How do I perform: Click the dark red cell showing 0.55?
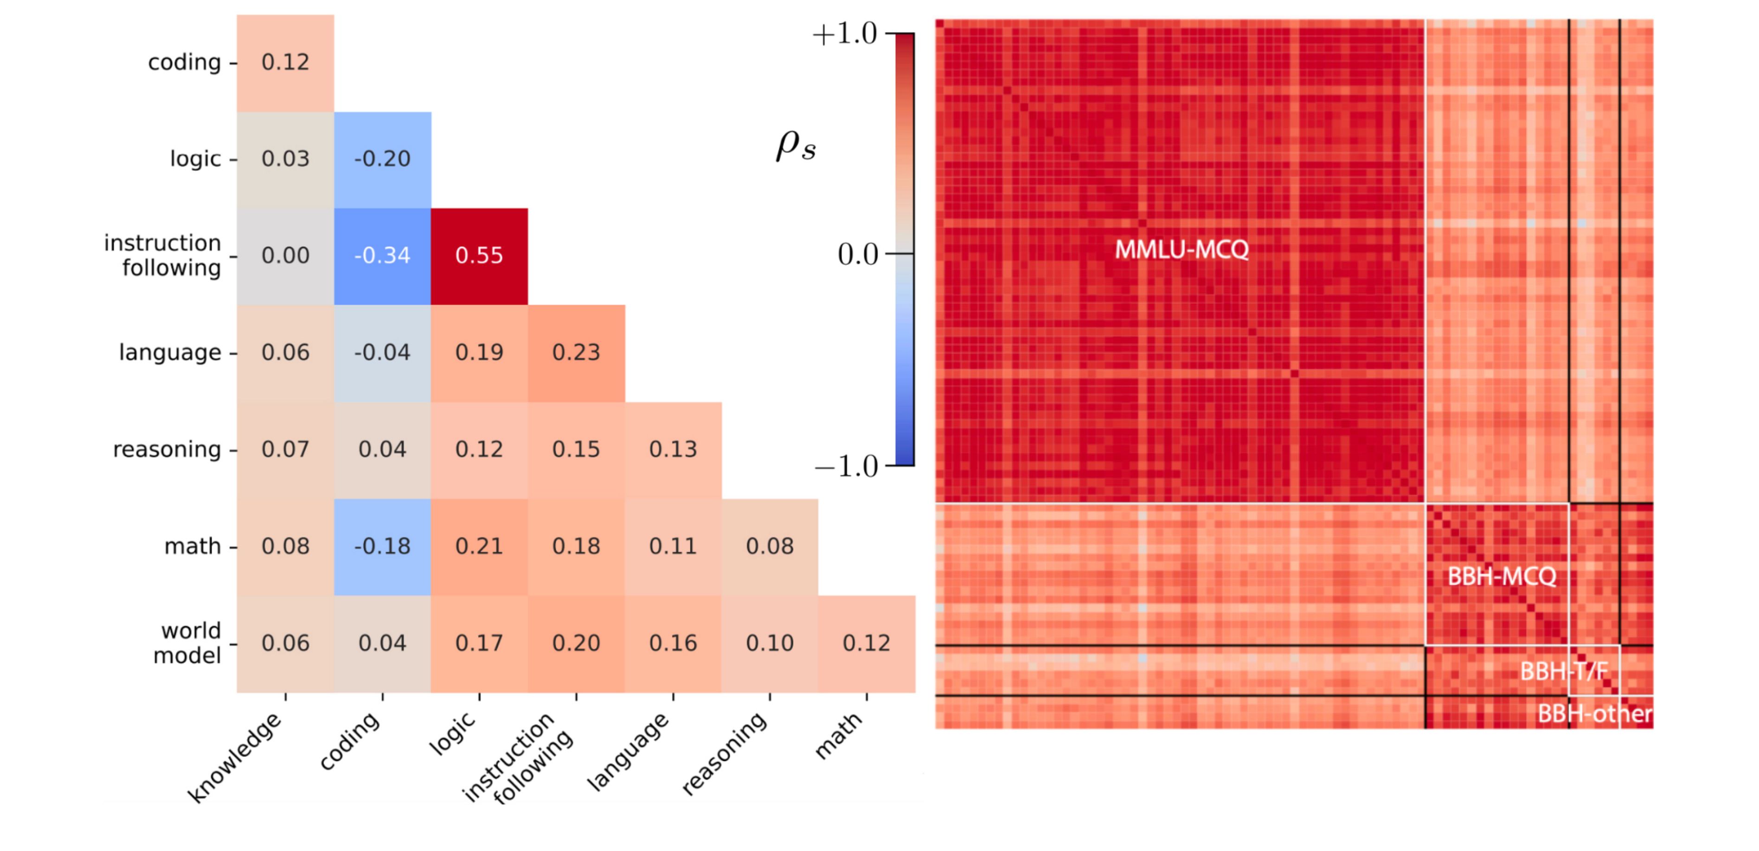click(479, 256)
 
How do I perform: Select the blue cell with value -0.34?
click(382, 256)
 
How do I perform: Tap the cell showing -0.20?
click(382, 159)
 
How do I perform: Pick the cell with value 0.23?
click(576, 353)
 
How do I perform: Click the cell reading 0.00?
click(285, 256)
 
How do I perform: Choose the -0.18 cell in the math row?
click(382, 546)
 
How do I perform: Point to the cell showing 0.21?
click(479, 546)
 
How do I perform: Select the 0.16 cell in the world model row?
click(673, 643)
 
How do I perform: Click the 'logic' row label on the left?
click(195, 159)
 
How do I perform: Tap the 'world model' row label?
click(188, 643)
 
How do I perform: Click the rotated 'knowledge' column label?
click(236, 757)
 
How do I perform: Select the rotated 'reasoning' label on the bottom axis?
click(725, 753)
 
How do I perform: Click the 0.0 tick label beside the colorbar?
click(858, 254)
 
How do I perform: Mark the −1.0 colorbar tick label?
click(846, 467)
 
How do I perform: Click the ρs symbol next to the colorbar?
click(796, 145)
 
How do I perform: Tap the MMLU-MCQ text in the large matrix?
click(1181, 250)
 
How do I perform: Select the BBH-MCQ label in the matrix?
click(1502, 577)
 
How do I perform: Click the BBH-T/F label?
click(1564, 672)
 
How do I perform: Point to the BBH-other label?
click(1594, 714)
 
